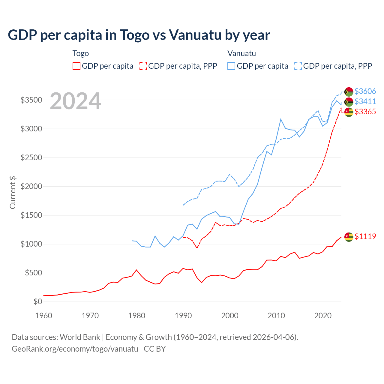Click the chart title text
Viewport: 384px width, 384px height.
click(x=139, y=35)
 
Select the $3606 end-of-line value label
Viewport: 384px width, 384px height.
click(x=365, y=91)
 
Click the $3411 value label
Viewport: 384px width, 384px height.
click(x=365, y=101)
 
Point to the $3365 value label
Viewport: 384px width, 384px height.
click(x=365, y=112)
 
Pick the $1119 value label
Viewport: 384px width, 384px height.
click(x=365, y=236)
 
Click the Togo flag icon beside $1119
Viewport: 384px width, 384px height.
click(x=349, y=237)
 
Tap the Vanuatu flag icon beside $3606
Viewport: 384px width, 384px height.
click(x=349, y=91)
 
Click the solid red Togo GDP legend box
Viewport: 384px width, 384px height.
click(x=76, y=66)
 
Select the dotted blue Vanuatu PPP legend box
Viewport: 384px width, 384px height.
click(x=298, y=66)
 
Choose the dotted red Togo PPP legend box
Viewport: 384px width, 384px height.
click(x=143, y=66)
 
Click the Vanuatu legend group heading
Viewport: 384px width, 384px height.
click(x=241, y=53)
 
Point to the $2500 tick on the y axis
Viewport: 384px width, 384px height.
click(x=31, y=157)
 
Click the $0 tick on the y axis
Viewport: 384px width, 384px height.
click(x=37, y=301)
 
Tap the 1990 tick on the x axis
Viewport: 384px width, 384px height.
click(x=183, y=316)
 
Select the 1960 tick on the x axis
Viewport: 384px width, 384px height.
click(x=44, y=316)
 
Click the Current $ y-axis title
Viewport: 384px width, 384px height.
click(x=13, y=193)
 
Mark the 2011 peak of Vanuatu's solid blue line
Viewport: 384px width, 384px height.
click(x=281, y=119)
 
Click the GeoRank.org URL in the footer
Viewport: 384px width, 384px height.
click(x=75, y=349)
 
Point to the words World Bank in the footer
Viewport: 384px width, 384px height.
click(x=80, y=337)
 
